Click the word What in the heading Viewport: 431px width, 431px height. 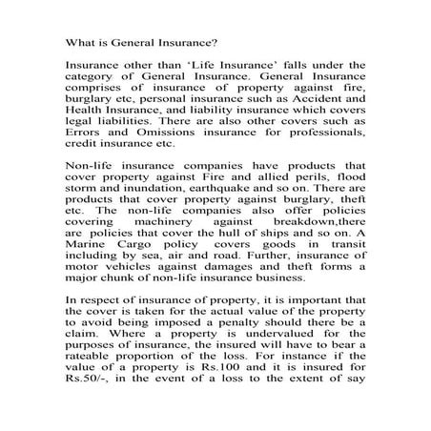pyautogui.click(x=78, y=42)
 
